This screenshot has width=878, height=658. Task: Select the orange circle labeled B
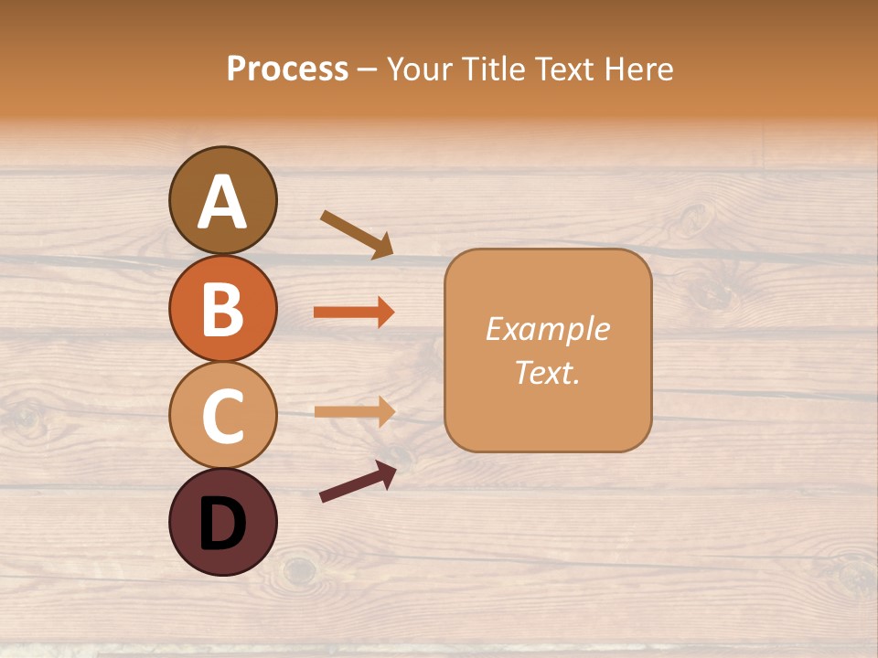[222, 308]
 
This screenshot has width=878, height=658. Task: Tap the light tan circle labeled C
[222, 415]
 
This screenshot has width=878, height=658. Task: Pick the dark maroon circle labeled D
[222, 522]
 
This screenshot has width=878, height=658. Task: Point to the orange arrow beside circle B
[353, 313]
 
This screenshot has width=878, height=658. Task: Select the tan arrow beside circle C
[353, 411]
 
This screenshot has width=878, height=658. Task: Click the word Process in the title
[287, 69]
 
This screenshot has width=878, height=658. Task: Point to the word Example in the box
[547, 329]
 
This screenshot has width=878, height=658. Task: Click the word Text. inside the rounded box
[547, 373]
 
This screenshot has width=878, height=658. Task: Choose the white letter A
[222, 201]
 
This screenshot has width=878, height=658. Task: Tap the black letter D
[222, 524]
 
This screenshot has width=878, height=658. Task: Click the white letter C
[222, 416]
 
